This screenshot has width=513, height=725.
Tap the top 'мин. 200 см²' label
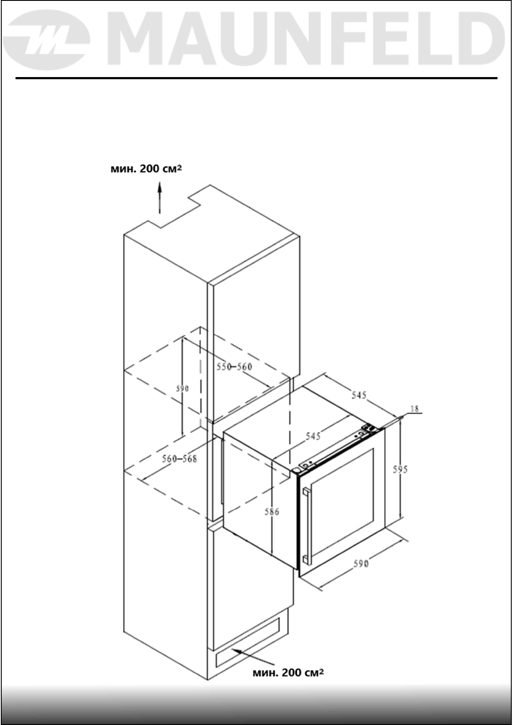[x=146, y=169]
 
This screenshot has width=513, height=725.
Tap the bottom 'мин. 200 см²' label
[x=288, y=672]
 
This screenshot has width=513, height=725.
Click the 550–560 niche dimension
[x=234, y=366]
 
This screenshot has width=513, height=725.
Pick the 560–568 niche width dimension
[x=179, y=459]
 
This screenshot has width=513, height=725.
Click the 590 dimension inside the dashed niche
[x=182, y=388]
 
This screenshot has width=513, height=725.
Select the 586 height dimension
[x=272, y=511]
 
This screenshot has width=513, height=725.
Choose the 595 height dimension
[x=400, y=469]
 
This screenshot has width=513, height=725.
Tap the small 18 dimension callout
[x=415, y=409]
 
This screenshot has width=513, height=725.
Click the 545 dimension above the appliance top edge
[x=358, y=395]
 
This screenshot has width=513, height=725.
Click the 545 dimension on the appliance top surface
[x=313, y=436]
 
